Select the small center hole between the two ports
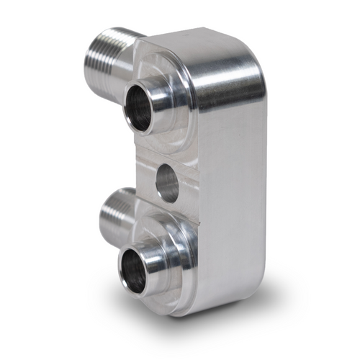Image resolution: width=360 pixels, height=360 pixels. [x=167, y=183]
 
